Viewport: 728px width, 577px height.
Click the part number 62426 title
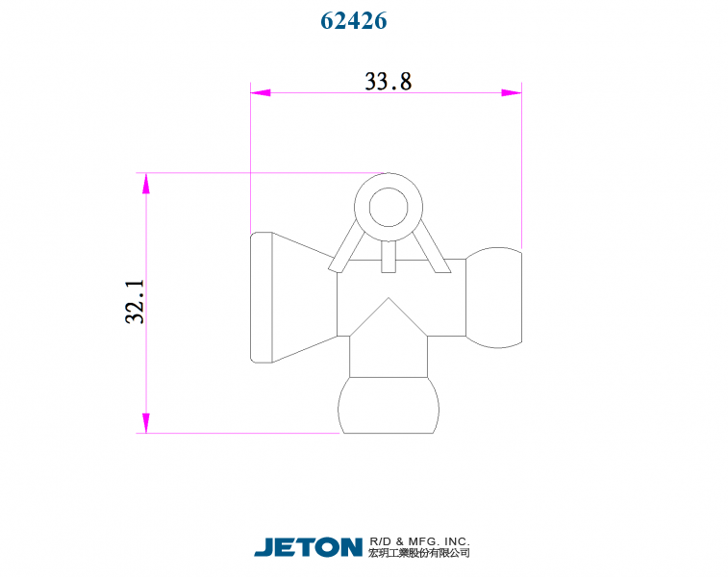tap(353, 21)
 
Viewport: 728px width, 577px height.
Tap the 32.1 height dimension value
tap(135, 302)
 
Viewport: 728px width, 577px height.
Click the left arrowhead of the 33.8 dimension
tap(261, 93)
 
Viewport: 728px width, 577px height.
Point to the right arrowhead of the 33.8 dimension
tap(511, 93)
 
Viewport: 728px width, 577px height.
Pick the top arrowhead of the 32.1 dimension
tap(146, 183)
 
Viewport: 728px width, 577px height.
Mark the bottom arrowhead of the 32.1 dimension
tap(146, 423)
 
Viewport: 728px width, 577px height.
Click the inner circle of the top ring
tap(389, 205)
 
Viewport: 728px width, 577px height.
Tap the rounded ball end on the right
tap(495, 296)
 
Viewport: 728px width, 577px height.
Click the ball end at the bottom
tap(389, 405)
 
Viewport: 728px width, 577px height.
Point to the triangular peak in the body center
tap(389, 313)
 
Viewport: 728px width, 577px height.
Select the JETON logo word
tap(308, 547)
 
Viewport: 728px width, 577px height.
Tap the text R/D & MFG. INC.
tap(419, 541)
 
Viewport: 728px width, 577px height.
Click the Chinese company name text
tap(419, 553)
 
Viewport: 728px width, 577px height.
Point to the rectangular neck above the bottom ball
tap(389, 358)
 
